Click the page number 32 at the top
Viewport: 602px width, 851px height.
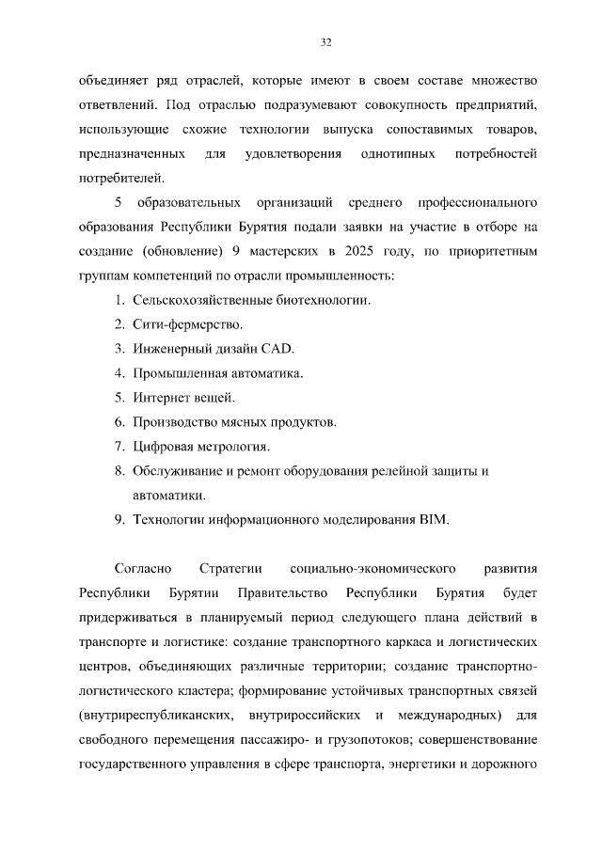pyautogui.click(x=326, y=41)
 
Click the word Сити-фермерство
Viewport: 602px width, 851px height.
pyautogui.click(x=187, y=324)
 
